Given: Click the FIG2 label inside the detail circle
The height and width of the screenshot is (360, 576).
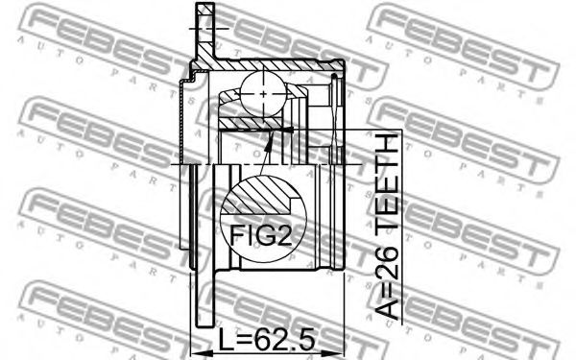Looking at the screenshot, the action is (x=261, y=235).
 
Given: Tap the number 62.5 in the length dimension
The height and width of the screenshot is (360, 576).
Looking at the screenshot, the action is (x=285, y=340).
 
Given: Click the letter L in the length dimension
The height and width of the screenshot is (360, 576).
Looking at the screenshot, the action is (x=226, y=340).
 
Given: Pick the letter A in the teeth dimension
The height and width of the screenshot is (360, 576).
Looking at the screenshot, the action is (x=388, y=305).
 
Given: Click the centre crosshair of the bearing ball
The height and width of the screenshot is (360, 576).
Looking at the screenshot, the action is (x=263, y=94).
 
